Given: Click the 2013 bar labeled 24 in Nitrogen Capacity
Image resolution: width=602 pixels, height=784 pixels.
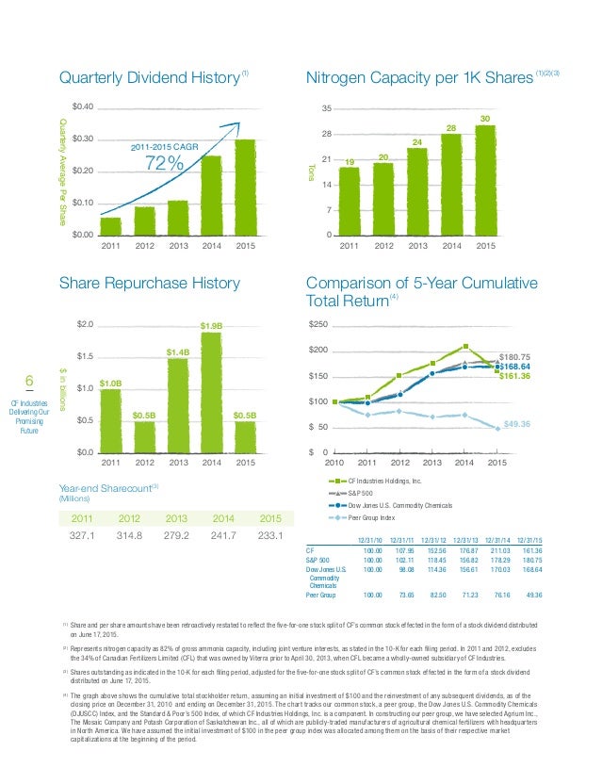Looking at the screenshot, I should (416, 191).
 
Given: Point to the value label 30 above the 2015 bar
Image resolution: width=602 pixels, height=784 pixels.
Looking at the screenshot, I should (485, 119).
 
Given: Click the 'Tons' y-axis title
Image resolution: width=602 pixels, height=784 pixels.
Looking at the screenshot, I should (311, 171).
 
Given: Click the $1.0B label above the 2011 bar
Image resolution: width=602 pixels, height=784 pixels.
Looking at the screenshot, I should (111, 383).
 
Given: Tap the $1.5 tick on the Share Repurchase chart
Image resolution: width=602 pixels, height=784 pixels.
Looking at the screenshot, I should (83, 356).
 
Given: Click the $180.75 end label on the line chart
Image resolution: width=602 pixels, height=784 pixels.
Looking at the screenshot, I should (516, 356).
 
